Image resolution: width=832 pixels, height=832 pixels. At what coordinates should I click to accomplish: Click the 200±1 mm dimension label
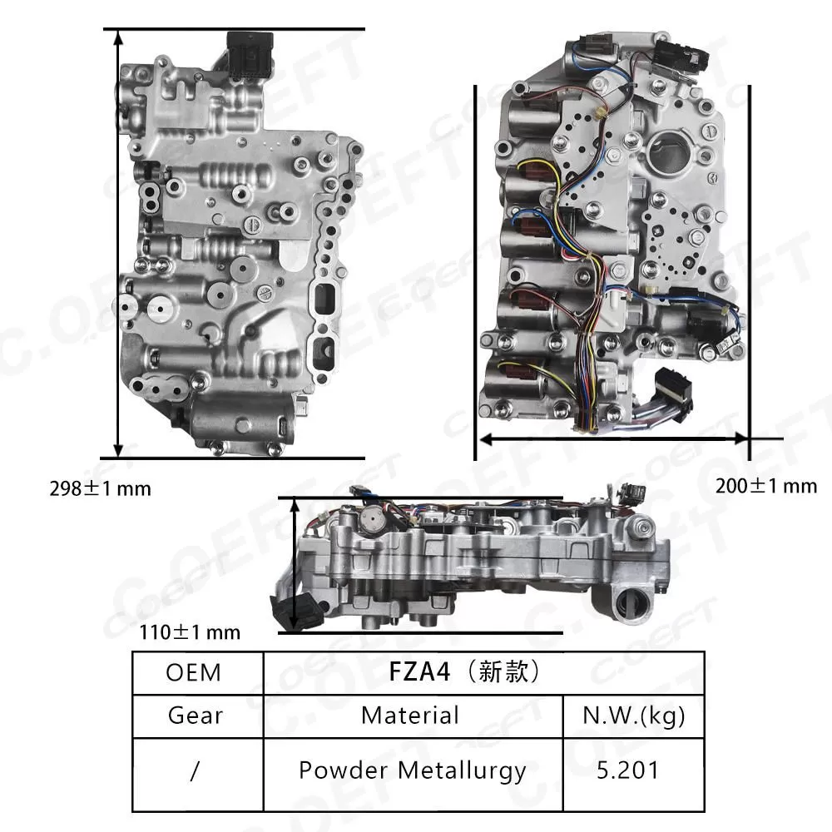(x=766, y=486)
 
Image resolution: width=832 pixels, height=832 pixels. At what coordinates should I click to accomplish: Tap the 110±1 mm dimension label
(x=189, y=632)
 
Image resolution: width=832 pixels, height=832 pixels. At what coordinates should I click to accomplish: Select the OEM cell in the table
(x=194, y=672)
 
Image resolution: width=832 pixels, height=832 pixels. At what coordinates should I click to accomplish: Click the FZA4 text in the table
(x=419, y=672)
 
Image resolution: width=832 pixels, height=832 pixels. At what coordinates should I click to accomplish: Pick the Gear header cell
(x=195, y=715)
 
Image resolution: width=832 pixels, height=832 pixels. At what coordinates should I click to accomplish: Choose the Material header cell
(x=410, y=715)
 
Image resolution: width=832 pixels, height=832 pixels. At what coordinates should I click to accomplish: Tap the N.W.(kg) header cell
(x=633, y=715)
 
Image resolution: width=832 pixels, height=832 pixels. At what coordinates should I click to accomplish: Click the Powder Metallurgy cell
(x=412, y=770)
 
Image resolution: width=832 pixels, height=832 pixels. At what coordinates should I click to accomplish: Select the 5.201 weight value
(x=632, y=770)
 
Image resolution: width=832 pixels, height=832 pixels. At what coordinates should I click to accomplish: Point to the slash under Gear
(x=195, y=770)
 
